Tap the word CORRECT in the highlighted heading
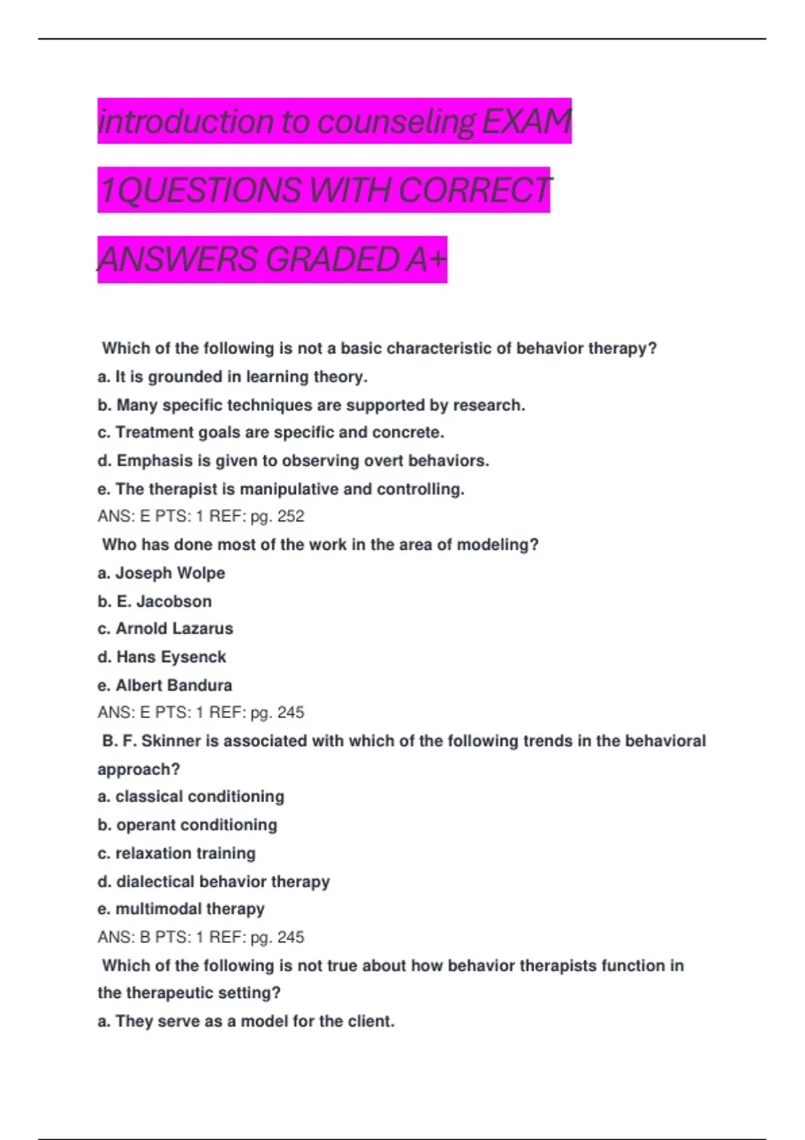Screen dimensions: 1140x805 tap(476, 190)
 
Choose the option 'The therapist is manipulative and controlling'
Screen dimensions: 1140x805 tap(281, 490)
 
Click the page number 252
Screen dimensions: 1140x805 tap(290, 516)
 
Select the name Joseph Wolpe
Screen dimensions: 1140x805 tap(170, 573)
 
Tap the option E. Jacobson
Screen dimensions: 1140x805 tap(163, 602)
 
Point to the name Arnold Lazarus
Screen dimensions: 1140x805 tap(174, 629)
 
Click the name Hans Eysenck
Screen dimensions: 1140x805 tap(170, 657)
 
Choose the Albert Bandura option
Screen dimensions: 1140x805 tap(173, 685)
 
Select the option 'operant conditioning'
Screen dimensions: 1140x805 tap(196, 825)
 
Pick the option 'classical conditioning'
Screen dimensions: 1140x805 tap(199, 797)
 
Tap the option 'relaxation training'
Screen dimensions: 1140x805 tap(185, 854)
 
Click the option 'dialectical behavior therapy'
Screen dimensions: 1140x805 tap(222, 882)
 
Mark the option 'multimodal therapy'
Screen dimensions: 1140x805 tap(189, 909)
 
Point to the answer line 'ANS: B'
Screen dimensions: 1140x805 tap(124, 937)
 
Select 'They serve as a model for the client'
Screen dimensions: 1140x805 tap(254, 1021)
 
